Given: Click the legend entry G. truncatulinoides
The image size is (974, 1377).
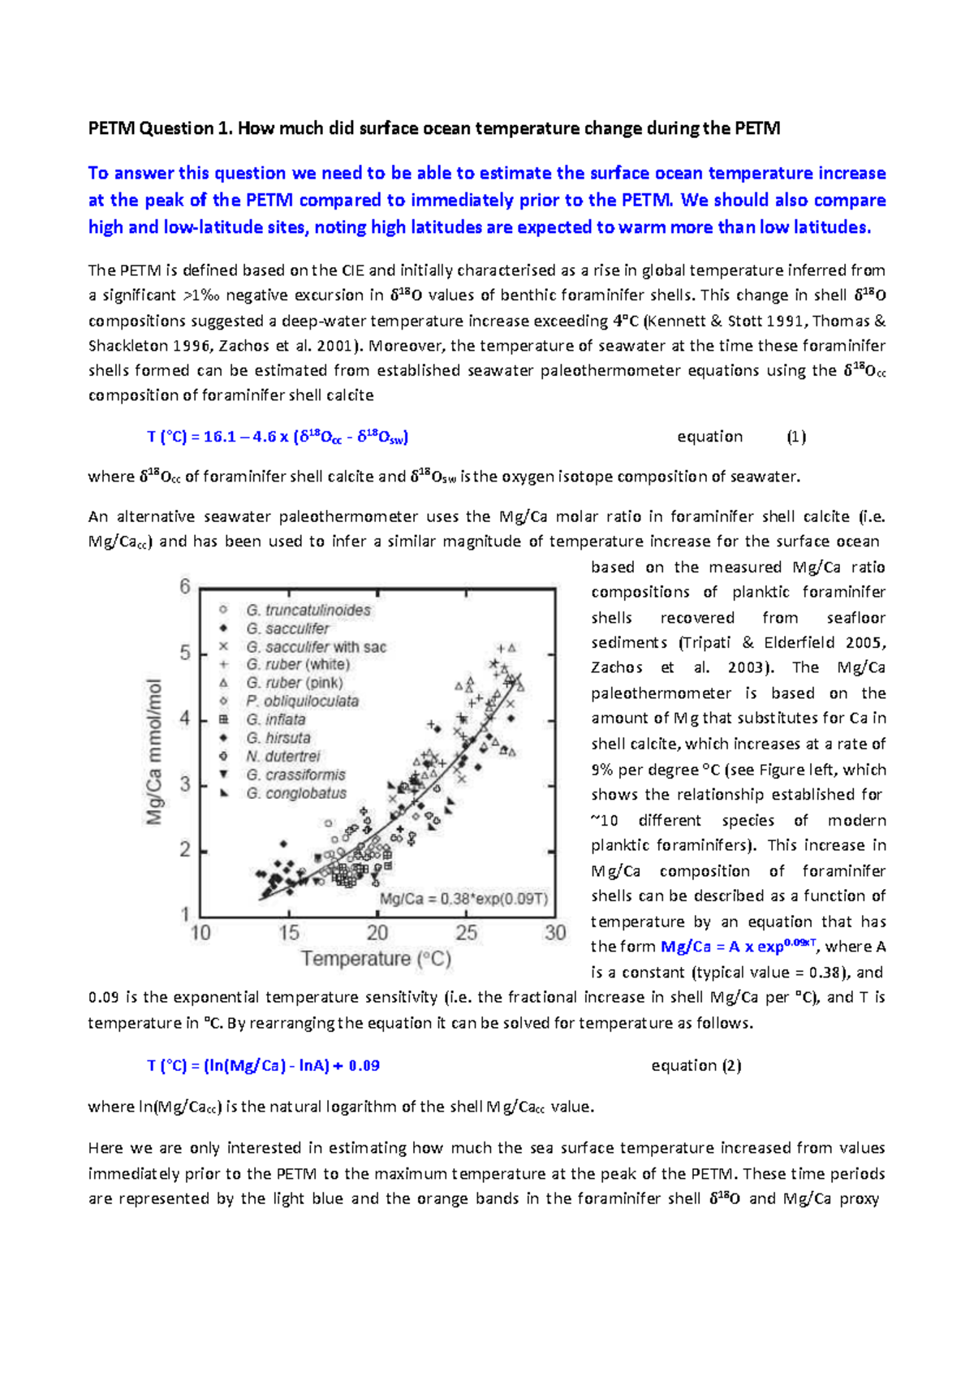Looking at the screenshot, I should click(x=308, y=610).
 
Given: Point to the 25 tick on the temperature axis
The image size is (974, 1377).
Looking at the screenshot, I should click(x=466, y=933).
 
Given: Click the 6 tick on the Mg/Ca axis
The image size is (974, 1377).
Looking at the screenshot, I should click(x=185, y=586).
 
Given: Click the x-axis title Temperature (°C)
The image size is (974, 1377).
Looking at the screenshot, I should click(x=376, y=959).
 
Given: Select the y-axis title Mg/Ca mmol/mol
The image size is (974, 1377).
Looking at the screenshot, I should click(x=154, y=751).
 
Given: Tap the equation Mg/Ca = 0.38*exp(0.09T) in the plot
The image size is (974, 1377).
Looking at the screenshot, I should click(x=463, y=899).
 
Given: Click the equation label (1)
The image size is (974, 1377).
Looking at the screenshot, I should click(x=795, y=437).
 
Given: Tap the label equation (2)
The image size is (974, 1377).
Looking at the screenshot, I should click(x=696, y=1065).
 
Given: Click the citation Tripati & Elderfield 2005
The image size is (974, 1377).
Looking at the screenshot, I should click(x=780, y=643).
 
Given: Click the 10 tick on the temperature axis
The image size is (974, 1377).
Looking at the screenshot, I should click(x=200, y=933).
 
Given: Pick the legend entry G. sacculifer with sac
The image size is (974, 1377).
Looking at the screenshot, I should click(x=316, y=647).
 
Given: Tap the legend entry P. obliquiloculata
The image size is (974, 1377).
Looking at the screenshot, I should click(x=302, y=701).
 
